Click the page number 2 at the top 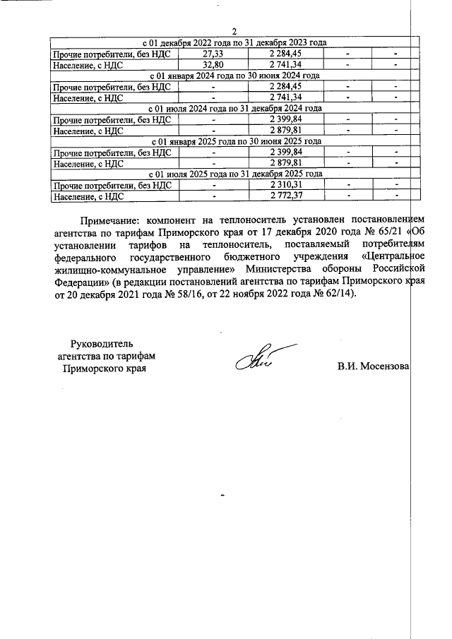[234, 31]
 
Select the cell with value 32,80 [213, 64]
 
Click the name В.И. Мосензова [374, 366]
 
